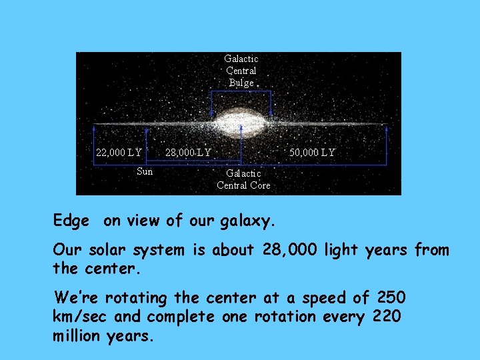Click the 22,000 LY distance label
119,153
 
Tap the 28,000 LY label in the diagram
188,153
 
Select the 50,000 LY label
312,153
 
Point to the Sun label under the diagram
145,171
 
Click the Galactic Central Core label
243,179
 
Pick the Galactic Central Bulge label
241,71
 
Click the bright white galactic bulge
241,125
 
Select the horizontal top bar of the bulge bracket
241,91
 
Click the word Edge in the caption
71,220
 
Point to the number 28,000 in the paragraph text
291,251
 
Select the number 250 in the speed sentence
391,297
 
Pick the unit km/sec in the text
79,317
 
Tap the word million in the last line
77,336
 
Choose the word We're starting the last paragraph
75,297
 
